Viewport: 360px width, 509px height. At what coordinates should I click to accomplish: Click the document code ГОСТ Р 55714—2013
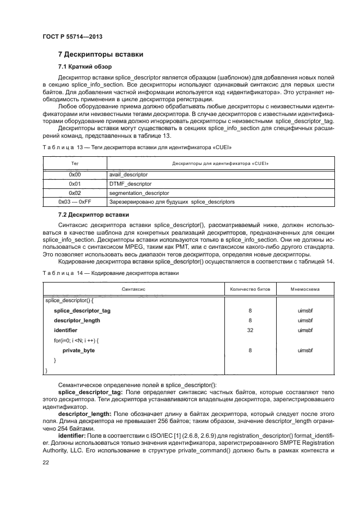tap(72, 36)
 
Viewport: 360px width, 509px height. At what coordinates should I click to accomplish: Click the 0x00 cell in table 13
tap(75, 175)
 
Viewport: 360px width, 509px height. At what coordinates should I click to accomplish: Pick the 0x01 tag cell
tap(75, 184)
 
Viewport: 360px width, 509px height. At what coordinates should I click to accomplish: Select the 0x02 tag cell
tap(75, 193)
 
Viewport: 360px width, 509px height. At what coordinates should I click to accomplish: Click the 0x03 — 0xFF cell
tap(75, 203)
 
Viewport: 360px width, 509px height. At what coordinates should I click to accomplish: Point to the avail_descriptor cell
tap(129, 175)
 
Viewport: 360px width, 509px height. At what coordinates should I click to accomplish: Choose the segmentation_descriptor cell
tap(139, 193)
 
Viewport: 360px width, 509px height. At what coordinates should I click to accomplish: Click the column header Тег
tap(75, 163)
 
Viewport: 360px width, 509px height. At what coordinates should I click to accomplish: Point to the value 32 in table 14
tap(249, 330)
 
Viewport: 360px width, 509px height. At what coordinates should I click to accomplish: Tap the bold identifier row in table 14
tap(65, 330)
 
